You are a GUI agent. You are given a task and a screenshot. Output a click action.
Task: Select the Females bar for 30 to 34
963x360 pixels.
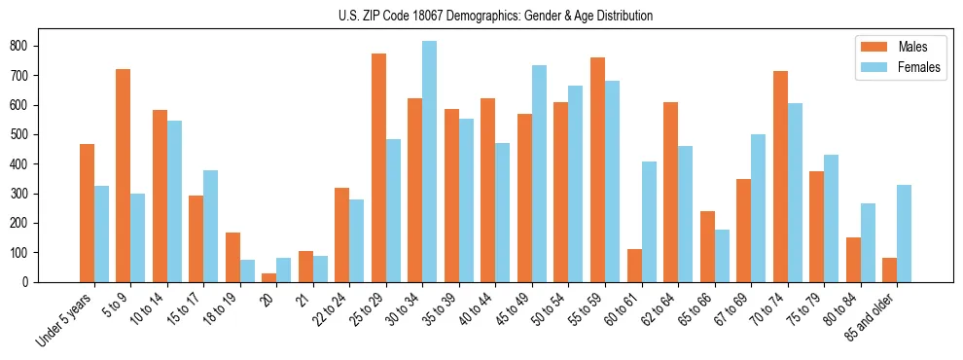(x=430, y=162)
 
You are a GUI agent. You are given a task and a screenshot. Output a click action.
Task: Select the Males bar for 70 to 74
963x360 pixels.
(x=743, y=176)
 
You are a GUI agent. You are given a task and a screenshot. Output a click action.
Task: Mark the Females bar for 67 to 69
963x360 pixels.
(x=758, y=208)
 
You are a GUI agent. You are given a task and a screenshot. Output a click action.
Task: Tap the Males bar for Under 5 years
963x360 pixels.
(x=87, y=213)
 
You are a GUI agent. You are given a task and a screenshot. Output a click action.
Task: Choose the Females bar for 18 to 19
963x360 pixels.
(x=247, y=270)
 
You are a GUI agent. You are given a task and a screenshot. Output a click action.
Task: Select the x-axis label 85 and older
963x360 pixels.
(x=877, y=319)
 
